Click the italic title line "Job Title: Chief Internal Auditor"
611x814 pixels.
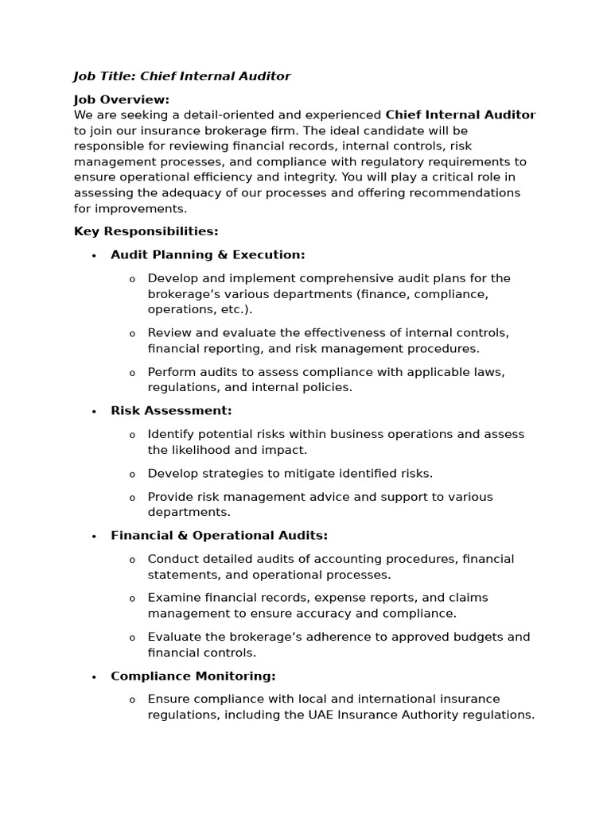[182, 76]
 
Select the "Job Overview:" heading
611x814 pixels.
[121, 99]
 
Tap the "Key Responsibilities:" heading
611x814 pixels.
[146, 231]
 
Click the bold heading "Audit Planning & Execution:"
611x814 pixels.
[208, 255]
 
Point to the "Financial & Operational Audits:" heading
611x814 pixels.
[219, 536]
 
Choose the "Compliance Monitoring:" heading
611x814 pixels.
[193, 676]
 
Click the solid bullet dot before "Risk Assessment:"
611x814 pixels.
[94, 412]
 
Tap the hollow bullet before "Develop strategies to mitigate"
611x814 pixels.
[132, 475]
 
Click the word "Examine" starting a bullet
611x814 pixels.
[173, 598]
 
